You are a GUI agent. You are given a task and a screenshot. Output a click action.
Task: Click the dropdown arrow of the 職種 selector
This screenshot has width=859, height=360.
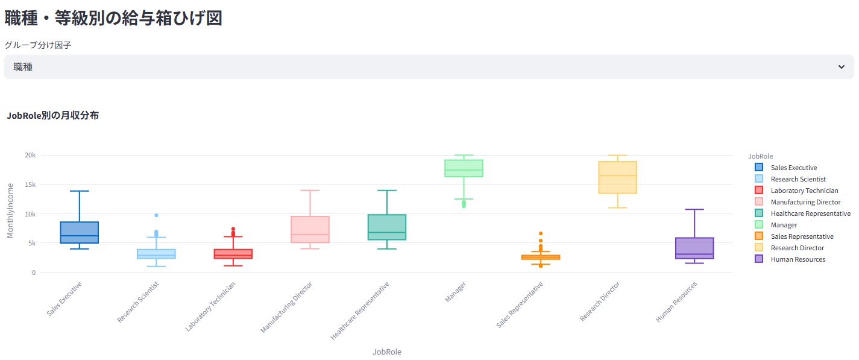point(842,67)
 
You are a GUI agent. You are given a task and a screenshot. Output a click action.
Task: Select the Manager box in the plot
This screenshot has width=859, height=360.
point(464,168)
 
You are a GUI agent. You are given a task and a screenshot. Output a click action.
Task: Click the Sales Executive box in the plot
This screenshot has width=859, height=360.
point(80,232)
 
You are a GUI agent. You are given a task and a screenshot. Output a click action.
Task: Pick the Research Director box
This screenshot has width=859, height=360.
point(617,177)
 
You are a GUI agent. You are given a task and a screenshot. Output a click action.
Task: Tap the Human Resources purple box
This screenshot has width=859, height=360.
point(694,248)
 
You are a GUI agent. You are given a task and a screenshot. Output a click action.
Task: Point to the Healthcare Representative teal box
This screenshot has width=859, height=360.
point(386,227)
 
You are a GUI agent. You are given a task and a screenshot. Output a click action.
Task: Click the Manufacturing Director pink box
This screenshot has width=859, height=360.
point(310,229)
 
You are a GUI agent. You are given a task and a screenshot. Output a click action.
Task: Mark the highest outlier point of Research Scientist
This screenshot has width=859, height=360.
point(156,215)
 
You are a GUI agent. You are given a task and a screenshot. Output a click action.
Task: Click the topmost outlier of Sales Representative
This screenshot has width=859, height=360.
point(541,233)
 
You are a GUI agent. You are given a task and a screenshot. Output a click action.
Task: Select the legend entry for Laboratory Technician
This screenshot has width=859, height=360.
point(804,191)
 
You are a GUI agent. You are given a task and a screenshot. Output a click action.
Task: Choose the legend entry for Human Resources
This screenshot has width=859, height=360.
point(798,259)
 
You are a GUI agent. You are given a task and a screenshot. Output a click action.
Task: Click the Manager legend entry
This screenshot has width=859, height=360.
point(784,225)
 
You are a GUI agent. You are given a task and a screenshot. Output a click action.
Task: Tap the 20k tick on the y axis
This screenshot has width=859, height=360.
point(30,155)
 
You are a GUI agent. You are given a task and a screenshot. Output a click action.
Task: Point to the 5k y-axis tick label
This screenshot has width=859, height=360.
point(32,243)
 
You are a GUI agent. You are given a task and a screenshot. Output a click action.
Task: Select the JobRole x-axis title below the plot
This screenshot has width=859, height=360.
point(386,352)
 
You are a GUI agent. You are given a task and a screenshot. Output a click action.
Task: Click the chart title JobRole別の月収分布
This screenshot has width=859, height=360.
point(53,116)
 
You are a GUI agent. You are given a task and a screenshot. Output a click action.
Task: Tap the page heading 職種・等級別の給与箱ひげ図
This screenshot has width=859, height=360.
point(113,18)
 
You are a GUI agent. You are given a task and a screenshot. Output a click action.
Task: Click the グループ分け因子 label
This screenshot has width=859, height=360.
point(38,45)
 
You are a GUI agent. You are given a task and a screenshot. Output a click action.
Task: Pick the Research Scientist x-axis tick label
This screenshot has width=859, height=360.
point(139,302)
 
